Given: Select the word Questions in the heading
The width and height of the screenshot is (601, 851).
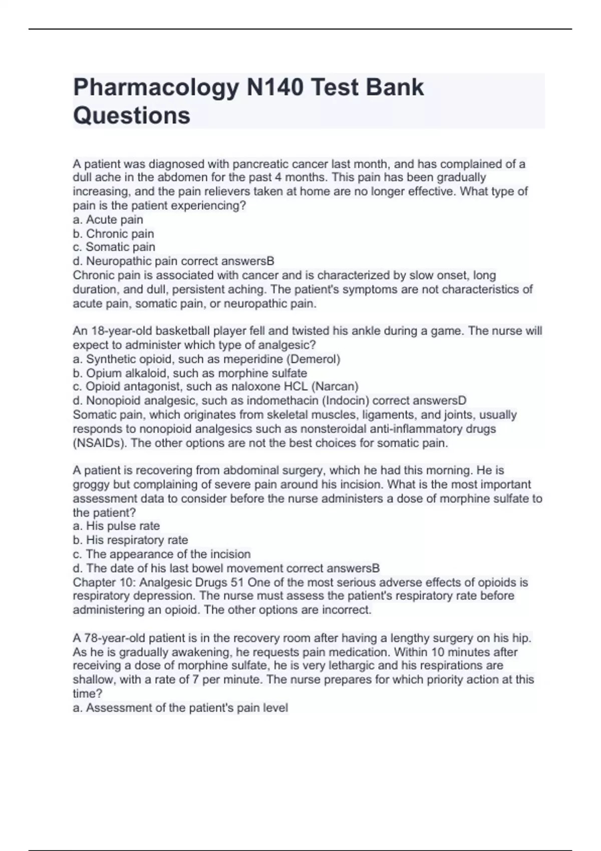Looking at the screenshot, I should (x=132, y=116).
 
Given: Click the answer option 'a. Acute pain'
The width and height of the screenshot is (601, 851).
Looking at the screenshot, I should (x=108, y=220).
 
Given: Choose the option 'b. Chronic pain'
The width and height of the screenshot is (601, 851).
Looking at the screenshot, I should (x=114, y=234).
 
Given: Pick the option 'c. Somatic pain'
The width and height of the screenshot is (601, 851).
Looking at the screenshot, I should (x=114, y=247).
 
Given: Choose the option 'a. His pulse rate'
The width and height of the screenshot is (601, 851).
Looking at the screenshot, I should (x=117, y=526).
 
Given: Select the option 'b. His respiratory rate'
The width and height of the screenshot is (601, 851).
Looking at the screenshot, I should (x=131, y=540).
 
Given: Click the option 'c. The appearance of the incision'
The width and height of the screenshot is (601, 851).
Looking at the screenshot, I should (x=162, y=554).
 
